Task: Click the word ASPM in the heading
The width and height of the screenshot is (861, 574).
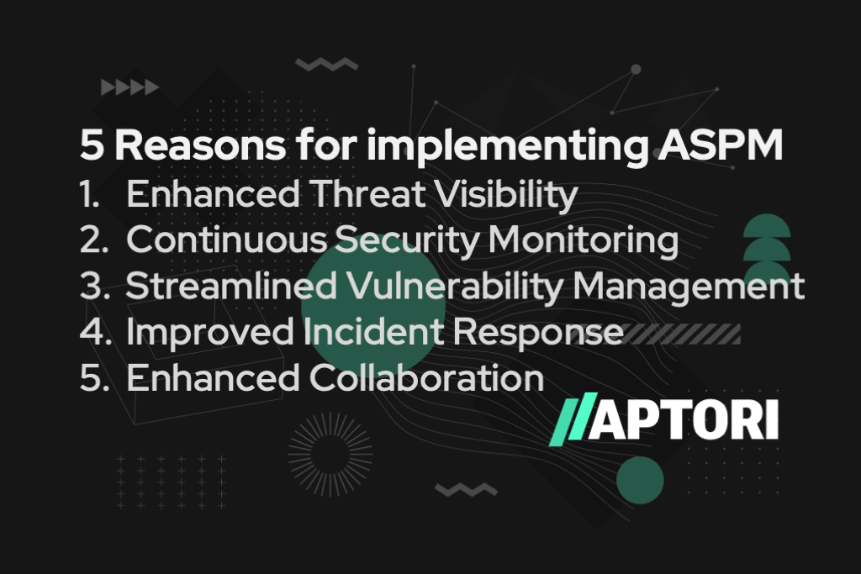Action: coord(720,145)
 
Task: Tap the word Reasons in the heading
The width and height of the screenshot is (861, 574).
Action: coord(200,145)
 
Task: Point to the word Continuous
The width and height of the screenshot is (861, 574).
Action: coord(226,240)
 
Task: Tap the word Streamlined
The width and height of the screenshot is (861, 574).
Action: coord(231,286)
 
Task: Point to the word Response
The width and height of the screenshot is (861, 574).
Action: coord(538,333)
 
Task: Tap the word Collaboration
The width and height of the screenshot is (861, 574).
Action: coord(426,378)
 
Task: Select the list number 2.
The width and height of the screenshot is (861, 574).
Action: coord(94,240)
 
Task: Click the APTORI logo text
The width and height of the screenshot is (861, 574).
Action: coord(683,420)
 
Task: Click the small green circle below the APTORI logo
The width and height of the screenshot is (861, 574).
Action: coord(640,480)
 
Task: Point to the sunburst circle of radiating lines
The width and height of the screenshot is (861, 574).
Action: coord(330,455)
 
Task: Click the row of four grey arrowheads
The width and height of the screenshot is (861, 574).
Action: coord(130,87)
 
